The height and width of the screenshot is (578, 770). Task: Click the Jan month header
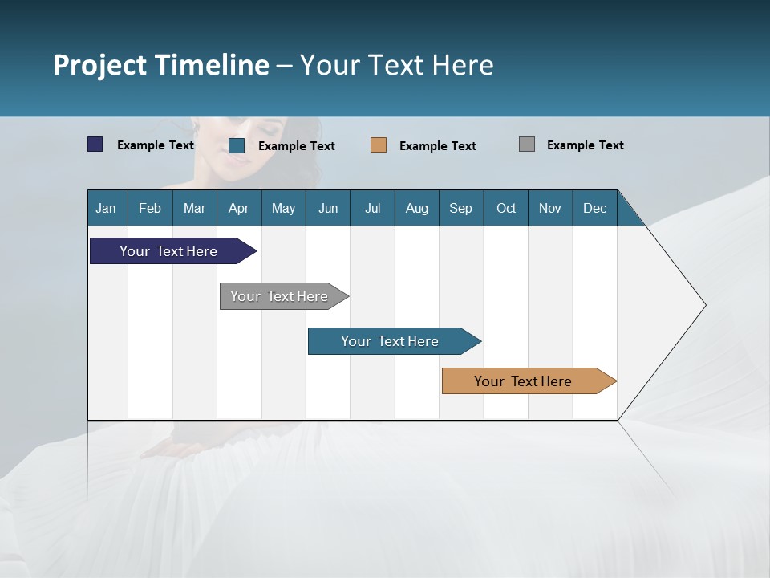106,208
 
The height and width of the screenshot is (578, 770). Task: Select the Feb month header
150,208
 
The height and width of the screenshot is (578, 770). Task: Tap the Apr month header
239,208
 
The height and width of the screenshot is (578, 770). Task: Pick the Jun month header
328,208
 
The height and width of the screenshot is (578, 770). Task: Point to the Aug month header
417,208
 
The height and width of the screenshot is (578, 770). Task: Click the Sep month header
461,208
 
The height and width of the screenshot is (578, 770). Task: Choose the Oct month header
506,208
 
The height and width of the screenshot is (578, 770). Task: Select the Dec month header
595,208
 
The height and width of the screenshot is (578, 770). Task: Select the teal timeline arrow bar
391,341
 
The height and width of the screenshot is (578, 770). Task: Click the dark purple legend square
95,144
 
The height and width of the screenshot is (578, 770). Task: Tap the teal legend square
237,145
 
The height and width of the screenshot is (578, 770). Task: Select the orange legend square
379,145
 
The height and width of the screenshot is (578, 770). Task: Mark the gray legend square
527,144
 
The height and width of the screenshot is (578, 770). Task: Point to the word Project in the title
100,65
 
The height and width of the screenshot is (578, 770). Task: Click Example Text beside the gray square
585,144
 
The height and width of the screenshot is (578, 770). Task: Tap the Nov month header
550,208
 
